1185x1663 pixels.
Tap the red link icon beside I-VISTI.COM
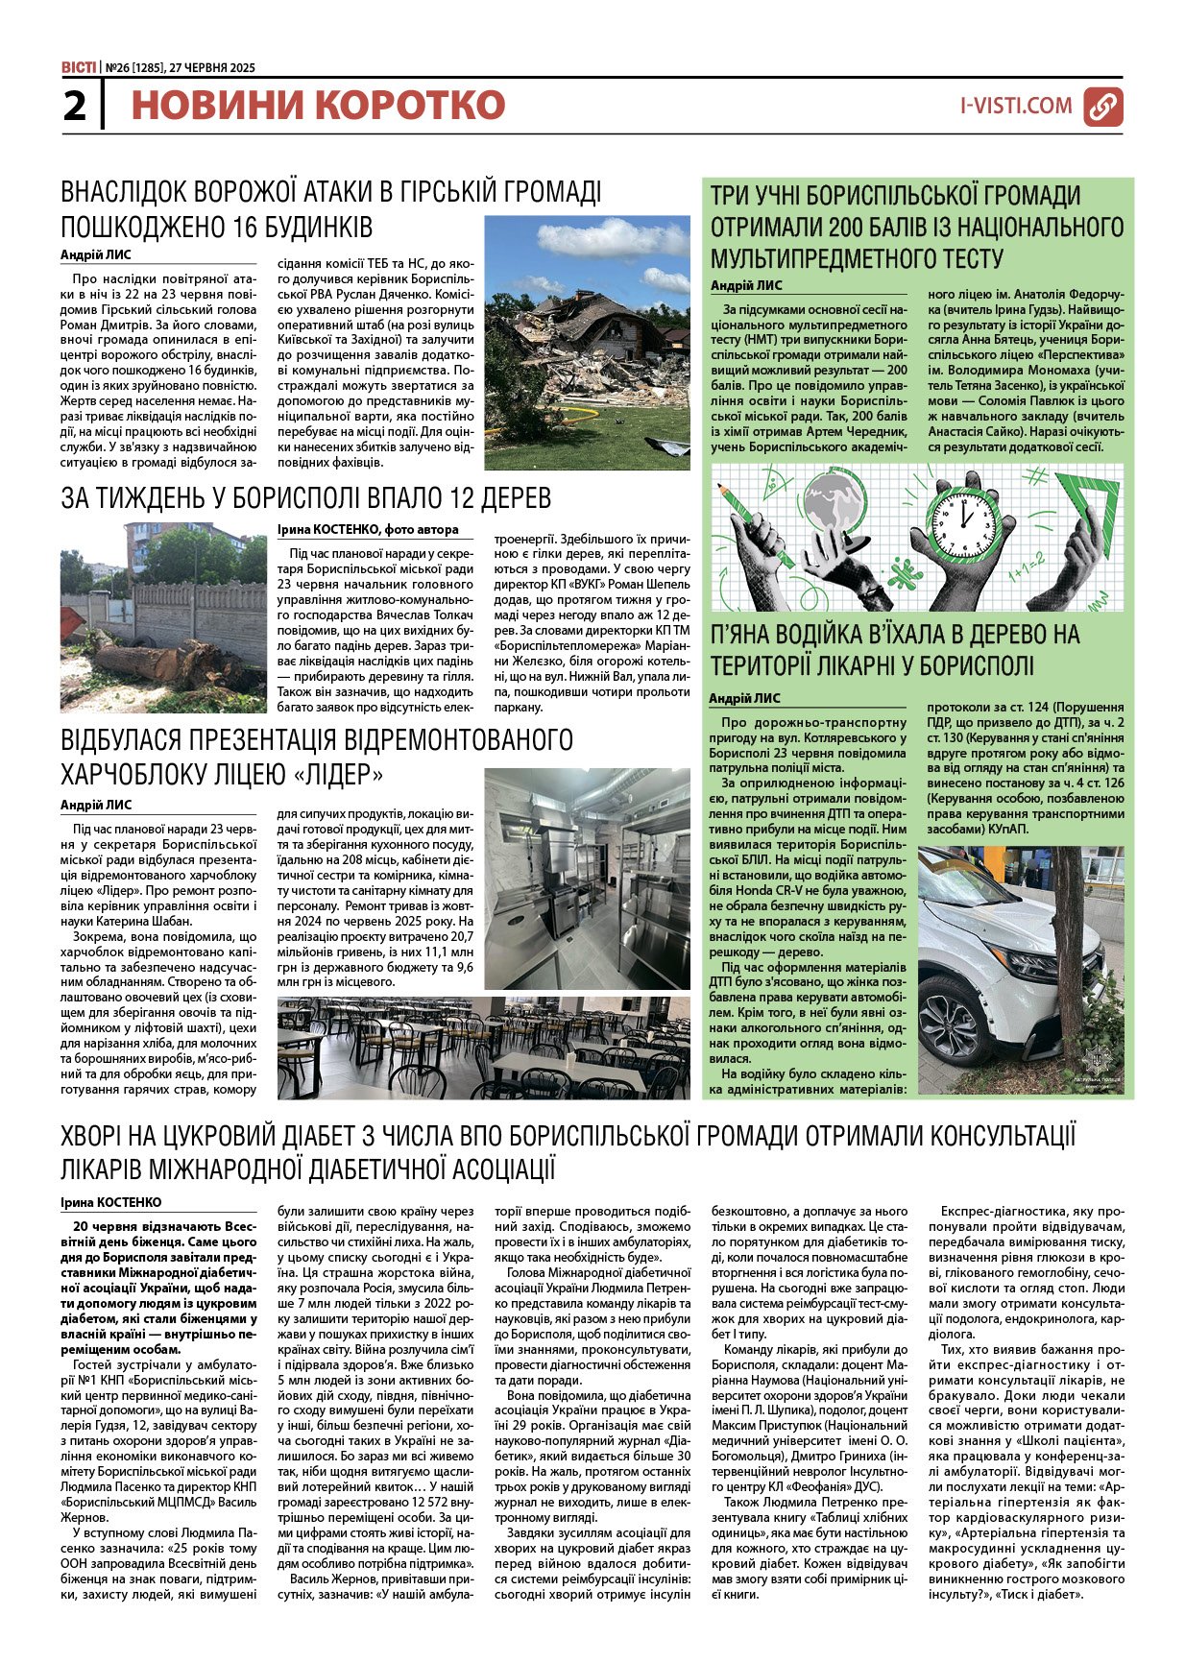(1102, 107)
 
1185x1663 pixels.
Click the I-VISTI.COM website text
(1016, 107)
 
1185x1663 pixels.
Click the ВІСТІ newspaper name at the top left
(78, 67)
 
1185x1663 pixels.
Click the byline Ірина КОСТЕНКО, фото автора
(368, 529)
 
